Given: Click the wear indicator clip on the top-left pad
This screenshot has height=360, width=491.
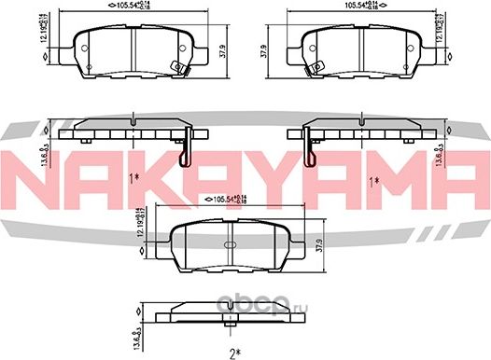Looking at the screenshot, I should tap(175, 65).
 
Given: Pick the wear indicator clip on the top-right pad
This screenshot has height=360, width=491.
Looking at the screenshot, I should tap(316, 65).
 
